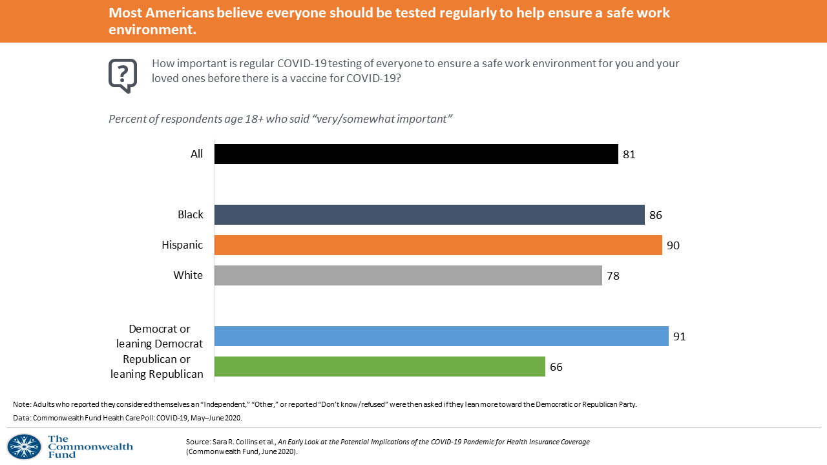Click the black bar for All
coord(416,154)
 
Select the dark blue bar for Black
coord(429,215)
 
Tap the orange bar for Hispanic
coord(438,245)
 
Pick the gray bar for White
coord(408,276)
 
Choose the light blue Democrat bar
coord(441,336)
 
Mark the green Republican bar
coord(379,367)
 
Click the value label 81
coord(629,154)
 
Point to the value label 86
coord(656,215)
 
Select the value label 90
coord(673,245)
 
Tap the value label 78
coord(613,276)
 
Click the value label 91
coord(679,336)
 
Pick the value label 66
coord(556,367)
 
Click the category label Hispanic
coord(182,245)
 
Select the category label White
coord(188,276)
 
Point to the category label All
coord(196,154)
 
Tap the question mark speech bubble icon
coord(123,76)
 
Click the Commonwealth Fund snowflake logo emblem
coord(24,447)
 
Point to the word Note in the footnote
coord(21,404)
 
